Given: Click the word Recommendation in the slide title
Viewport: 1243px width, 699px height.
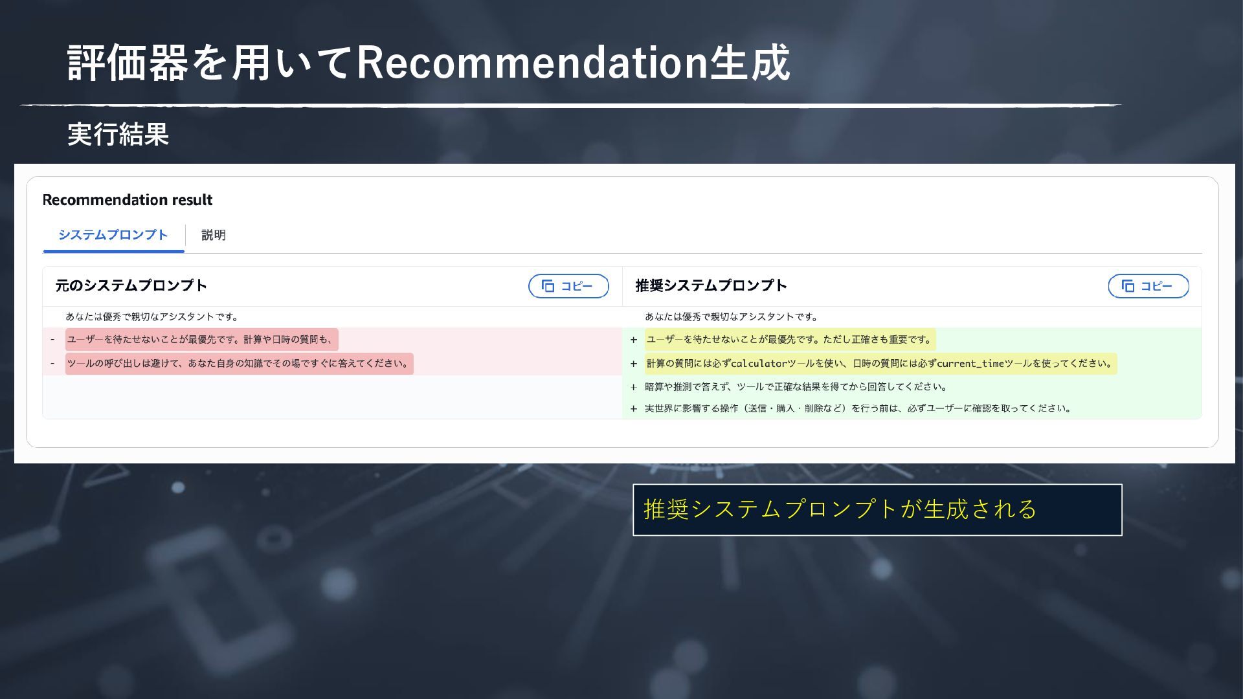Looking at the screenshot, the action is coord(532,63).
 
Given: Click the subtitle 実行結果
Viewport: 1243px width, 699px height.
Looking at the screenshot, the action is coord(118,135).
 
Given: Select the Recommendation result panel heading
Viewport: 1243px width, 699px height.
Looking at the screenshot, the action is coord(128,200).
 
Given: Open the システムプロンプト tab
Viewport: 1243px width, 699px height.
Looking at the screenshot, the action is coord(113,235).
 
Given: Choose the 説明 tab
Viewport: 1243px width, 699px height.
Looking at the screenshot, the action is coord(214,235).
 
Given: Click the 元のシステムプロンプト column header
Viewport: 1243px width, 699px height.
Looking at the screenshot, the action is coord(131,285).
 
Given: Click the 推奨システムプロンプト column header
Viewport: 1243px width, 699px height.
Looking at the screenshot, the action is coord(711,285).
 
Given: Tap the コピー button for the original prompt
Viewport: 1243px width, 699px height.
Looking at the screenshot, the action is coord(568,286).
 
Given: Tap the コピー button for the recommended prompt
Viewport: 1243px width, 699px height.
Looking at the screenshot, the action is coord(1148,286).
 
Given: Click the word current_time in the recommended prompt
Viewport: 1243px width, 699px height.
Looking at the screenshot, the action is coord(970,364).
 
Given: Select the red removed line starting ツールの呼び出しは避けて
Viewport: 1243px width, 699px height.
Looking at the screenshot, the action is coord(240,364).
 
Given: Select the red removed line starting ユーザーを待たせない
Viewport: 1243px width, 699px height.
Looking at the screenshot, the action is coord(201,339).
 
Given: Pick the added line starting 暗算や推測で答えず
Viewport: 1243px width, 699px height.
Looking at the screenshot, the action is coord(796,387).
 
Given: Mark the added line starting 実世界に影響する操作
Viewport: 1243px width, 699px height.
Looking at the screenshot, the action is coord(858,408).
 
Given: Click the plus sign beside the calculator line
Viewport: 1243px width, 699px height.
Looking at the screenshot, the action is coord(634,364).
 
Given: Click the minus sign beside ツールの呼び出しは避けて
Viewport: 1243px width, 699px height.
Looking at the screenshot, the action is coord(52,364).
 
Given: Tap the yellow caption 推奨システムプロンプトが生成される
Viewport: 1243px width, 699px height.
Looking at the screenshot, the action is coord(840,509).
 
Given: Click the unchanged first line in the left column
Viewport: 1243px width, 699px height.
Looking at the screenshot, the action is coord(153,316).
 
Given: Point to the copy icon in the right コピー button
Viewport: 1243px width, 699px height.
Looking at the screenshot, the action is coord(1128,286).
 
